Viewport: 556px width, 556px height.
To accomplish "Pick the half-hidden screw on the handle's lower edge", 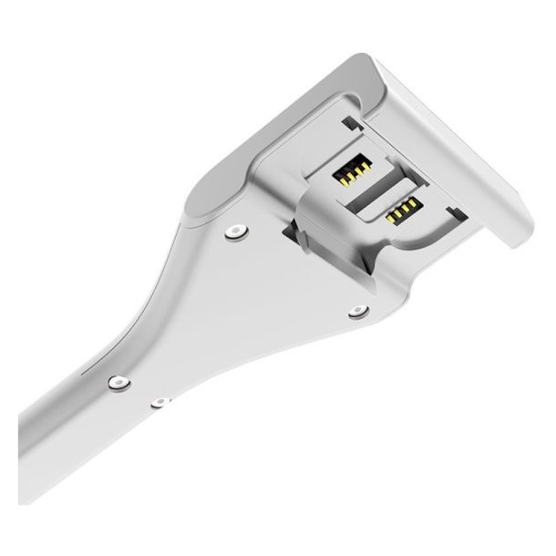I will (160, 401).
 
